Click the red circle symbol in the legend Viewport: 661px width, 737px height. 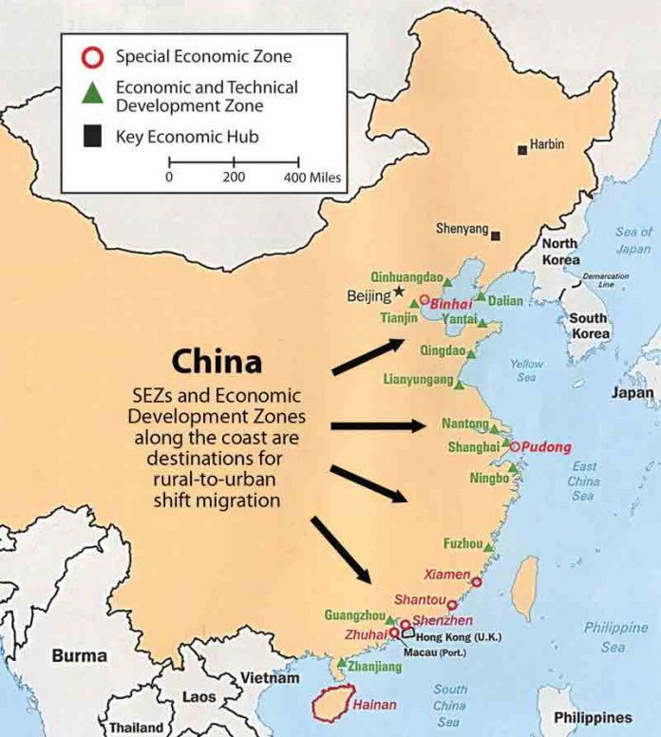[x=91, y=57]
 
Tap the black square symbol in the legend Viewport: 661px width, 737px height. [x=91, y=137]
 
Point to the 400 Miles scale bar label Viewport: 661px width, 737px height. [x=312, y=178]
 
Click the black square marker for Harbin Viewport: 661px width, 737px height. [x=521, y=149]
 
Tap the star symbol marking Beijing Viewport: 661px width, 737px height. [x=399, y=291]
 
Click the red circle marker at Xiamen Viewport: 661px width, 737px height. [x=476, y=582]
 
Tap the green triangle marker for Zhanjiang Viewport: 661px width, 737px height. [x=342, y=663]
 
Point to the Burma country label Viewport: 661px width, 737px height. [x=79, y=656]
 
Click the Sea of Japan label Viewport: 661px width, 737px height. [x=633, y=240]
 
